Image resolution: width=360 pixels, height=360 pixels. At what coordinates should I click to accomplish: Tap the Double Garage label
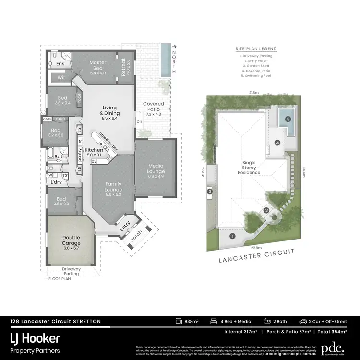coord(71,240)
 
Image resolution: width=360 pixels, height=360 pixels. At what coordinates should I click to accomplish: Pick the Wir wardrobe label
coord(61,77)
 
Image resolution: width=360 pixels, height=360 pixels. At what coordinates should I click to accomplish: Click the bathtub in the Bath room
coord(51,154)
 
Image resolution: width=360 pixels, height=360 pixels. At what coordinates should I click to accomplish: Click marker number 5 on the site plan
coord(288,119)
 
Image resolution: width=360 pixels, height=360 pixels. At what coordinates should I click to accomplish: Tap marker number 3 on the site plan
coord(210,192)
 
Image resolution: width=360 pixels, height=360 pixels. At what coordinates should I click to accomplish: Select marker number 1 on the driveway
coord(232,236)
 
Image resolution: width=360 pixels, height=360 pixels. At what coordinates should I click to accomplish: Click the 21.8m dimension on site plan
coord(253,92)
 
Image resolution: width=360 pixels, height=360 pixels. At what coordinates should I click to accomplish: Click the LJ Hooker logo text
coord(36,339)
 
